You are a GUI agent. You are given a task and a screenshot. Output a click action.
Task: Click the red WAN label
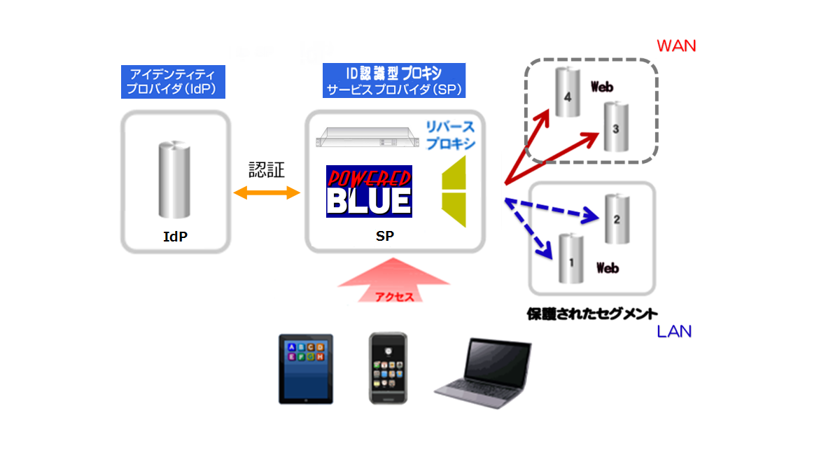pos(676,45)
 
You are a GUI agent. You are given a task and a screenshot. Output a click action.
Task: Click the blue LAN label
pos(673,331)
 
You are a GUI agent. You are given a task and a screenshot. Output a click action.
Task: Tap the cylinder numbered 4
pos(568,92)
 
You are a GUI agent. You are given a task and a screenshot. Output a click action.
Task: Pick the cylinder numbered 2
pos(617,218)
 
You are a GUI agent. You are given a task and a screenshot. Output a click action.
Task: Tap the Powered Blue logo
pos(369,190)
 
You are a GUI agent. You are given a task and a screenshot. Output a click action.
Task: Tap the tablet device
pos(306,368)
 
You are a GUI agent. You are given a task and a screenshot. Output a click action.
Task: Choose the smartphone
pos(388,367)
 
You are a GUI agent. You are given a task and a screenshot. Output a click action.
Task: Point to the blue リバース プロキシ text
pos(450,135)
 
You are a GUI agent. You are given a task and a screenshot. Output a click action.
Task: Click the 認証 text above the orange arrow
pos(267,170)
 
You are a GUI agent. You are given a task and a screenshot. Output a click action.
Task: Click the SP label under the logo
pos(384,237)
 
